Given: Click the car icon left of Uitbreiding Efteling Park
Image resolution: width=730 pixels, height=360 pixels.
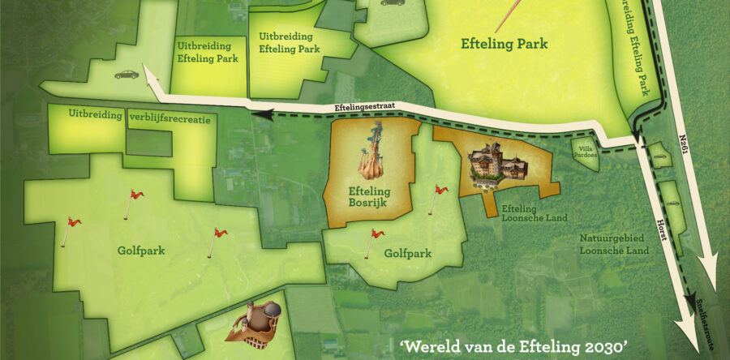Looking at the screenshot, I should tap(127, 74).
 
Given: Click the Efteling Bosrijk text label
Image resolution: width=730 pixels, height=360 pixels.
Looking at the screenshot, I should tap(369, 198).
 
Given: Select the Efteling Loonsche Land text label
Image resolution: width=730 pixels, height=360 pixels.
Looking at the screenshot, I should tap(523, 212).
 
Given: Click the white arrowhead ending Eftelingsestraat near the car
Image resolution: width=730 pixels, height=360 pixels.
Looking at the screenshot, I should tap(151, 79).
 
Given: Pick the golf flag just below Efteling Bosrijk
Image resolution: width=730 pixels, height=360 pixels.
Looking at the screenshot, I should tap(376, 240).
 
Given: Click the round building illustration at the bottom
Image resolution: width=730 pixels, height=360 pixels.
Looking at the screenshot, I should tap(262, 319).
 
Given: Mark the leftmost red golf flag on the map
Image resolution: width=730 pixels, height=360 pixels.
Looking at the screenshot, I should tap(71, 229).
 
